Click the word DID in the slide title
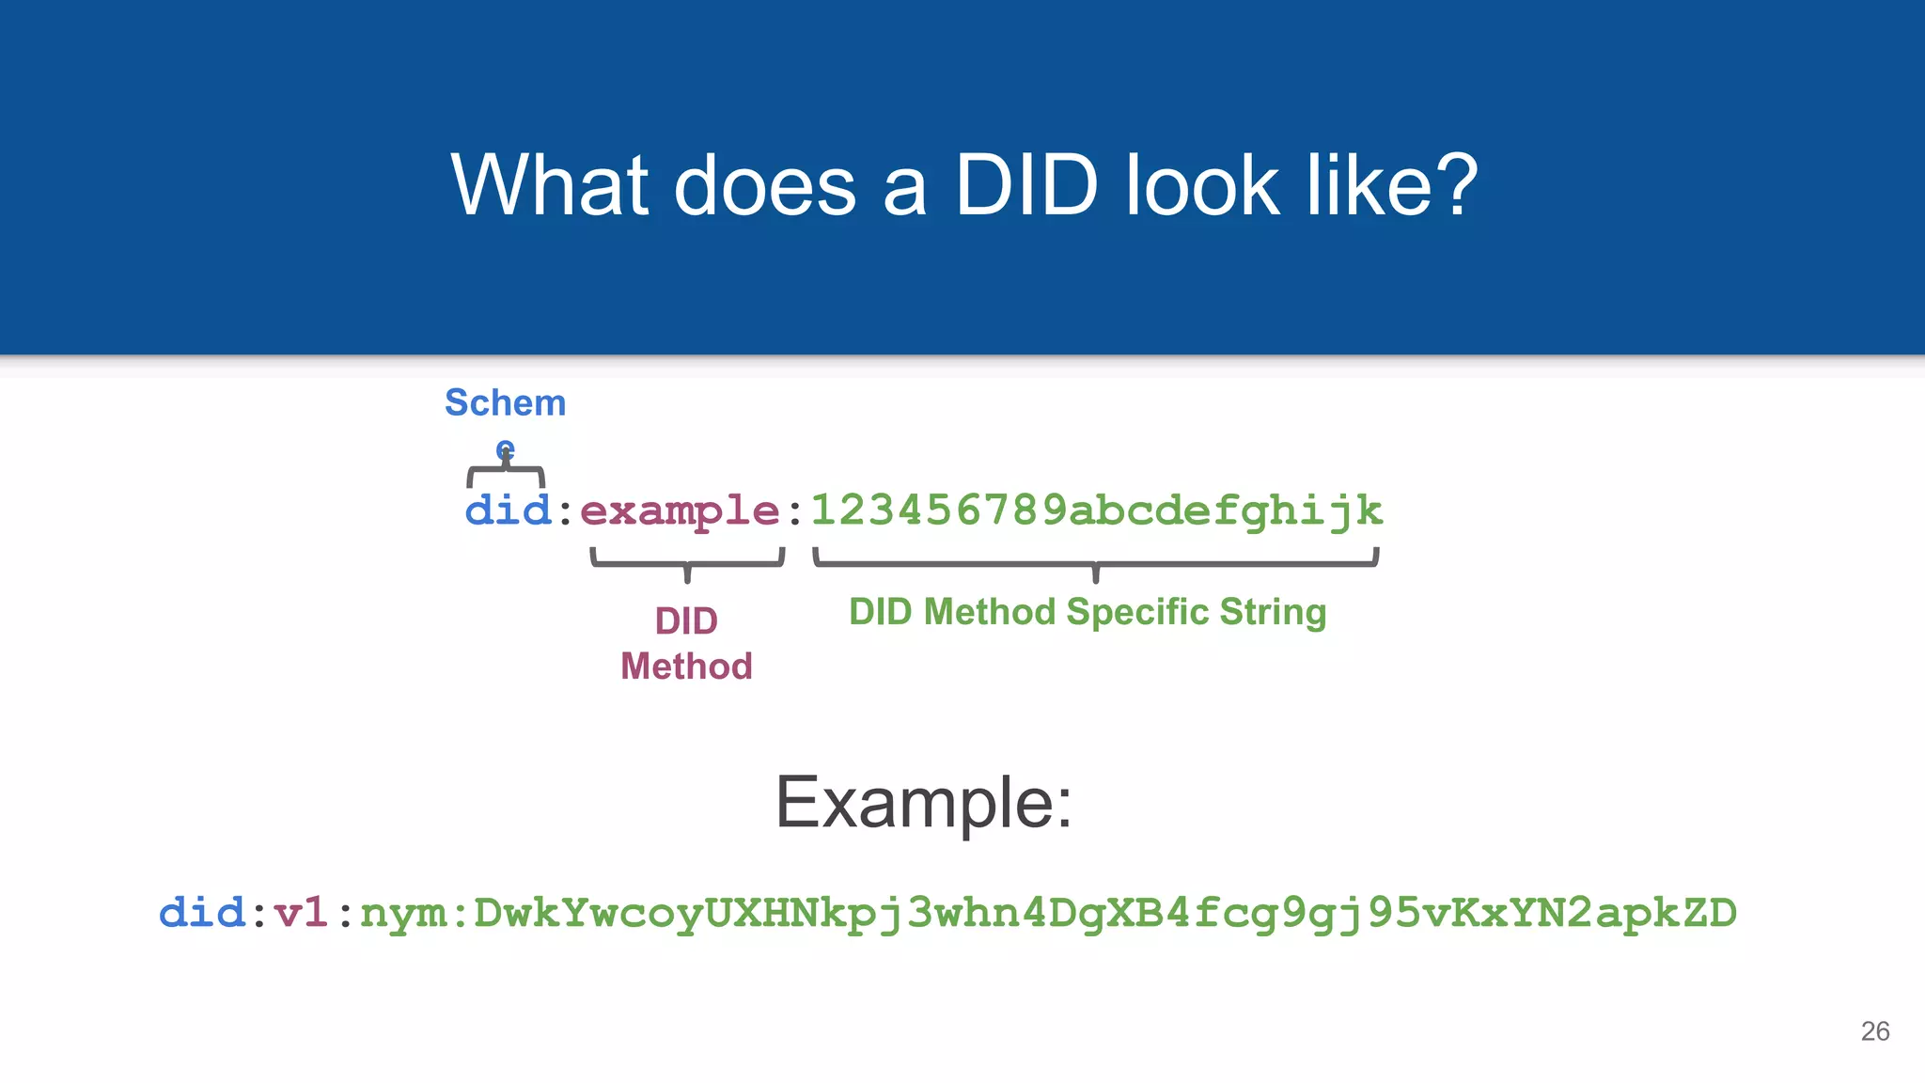coord(1026,185)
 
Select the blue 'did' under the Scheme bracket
coord(508,510)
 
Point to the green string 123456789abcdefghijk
coord(1096,510)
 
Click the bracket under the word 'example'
coord(687,562)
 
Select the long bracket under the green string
coord(1095,563)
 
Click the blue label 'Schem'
coord(505,402)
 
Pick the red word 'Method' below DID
coord(686,667)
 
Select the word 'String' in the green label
coord(1273,612)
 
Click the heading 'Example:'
coord(923,803)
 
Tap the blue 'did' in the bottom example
coord(202,913)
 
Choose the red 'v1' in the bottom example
coord(301,913)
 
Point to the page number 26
coord(1874,1031)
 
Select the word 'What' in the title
coord(550,185)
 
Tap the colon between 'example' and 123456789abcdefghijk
coord(795,513)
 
